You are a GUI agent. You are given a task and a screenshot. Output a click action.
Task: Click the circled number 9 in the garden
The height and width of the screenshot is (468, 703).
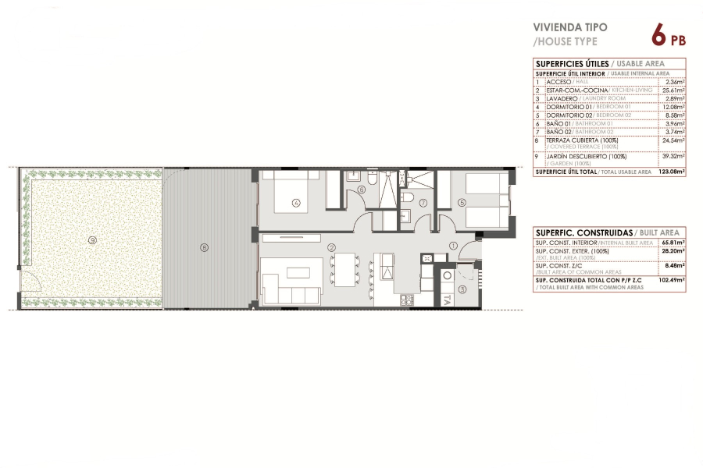click(92, 240)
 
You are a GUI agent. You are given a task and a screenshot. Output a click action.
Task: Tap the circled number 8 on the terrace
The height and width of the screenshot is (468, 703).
click(204, 248)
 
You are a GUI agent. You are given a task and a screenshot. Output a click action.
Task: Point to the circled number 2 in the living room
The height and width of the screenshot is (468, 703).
click(332, 248)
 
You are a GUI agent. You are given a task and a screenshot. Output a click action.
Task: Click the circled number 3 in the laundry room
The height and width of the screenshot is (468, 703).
click(461, 289)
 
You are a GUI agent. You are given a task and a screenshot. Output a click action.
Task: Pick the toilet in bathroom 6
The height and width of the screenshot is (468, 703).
click(373, 179)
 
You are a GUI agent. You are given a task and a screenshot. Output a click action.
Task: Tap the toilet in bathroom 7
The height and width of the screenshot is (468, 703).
click(408, 214)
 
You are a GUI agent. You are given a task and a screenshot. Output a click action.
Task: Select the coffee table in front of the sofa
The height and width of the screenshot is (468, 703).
click(298, 273)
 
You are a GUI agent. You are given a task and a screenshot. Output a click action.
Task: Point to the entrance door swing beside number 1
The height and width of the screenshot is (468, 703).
click(469, 250)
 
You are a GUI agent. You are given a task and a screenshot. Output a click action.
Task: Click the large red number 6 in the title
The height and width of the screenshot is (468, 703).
click(658, 36)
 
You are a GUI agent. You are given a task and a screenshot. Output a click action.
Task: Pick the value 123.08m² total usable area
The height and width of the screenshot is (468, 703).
click(671, 172)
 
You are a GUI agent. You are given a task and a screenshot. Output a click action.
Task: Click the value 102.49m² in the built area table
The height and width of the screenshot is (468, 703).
click(671, 280)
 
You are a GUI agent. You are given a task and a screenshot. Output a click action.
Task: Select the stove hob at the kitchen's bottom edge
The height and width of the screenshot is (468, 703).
click(406, 300)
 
